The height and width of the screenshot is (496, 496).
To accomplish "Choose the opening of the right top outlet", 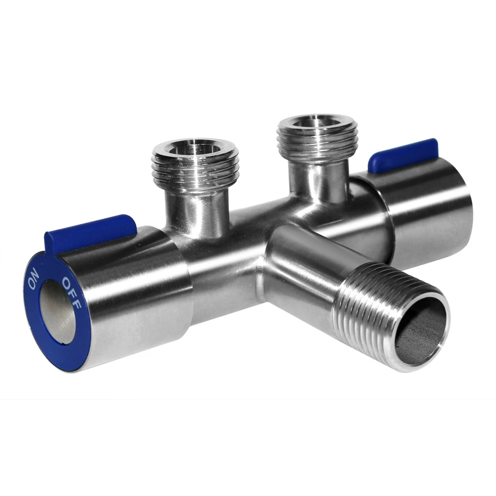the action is click(315, 124).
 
